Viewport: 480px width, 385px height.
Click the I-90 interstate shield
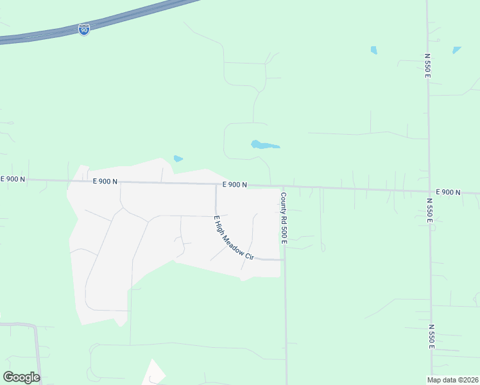point(84,30)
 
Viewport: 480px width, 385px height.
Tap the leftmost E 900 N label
point(13,179)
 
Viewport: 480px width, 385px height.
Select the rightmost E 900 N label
point(448,192)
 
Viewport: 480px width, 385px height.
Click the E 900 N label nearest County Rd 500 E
point(235,185)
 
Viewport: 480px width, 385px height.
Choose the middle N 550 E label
point(429,210)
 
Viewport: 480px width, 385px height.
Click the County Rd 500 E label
point(283,218)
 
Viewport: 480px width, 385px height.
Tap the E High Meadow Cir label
point(234,237)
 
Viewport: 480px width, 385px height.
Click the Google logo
point(21,377)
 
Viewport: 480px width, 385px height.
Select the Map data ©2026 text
point(453,380)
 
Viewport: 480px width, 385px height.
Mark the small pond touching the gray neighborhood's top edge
point(178,158)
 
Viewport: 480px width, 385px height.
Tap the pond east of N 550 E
point(456,49)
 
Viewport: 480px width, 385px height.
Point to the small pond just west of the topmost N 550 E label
point(373,50)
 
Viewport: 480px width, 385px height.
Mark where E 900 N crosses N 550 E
point(429,191)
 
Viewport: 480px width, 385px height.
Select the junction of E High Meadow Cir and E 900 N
point(215,184)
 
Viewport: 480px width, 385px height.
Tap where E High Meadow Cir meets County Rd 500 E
point(284,260)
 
